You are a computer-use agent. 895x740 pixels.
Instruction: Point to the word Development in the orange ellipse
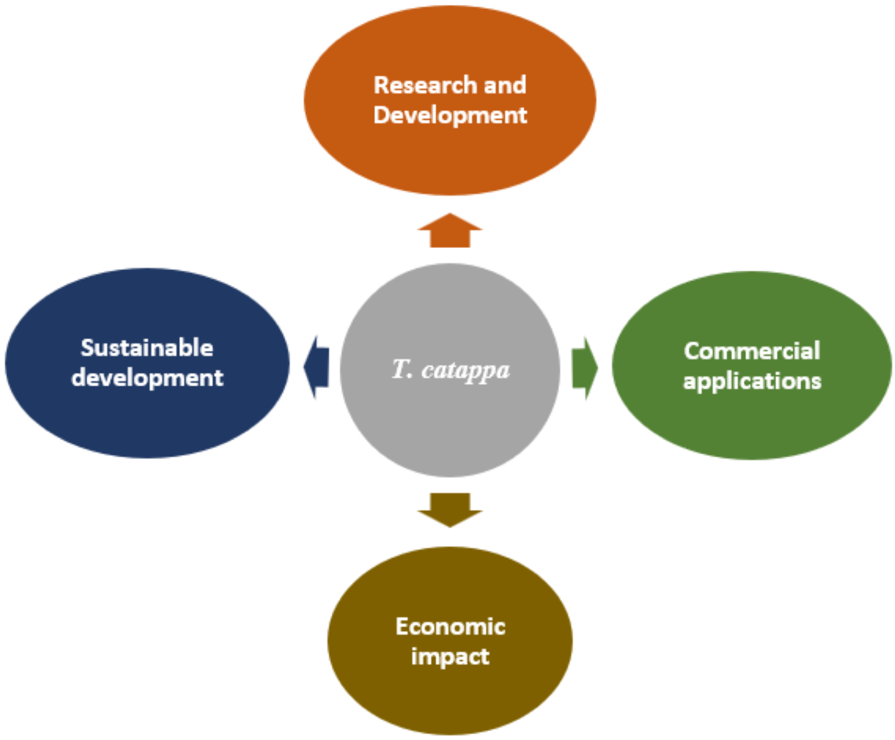[450, 115]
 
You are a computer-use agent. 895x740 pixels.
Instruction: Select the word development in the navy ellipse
[147, 378]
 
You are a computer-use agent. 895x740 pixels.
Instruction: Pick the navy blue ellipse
[147, 422]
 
